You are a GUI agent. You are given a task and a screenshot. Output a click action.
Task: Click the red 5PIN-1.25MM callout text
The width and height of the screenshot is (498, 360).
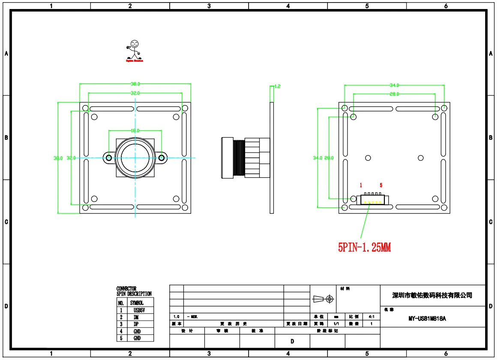tap(364, 248)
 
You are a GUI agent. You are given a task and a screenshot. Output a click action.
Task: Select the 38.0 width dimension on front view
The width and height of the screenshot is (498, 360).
tap(135, 84)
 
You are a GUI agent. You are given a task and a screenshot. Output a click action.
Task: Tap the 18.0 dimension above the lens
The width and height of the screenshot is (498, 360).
tap(135, 130)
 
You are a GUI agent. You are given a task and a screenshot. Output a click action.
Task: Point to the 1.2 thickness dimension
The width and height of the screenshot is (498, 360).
tap(277, 86)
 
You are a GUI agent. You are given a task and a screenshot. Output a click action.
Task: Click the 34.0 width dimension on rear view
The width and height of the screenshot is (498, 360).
tap(394, 85)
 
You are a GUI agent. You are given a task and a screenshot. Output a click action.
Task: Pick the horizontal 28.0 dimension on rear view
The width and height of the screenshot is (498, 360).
tap(394, 94)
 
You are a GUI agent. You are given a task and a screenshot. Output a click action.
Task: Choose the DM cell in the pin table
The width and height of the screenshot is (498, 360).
tap(136, 317)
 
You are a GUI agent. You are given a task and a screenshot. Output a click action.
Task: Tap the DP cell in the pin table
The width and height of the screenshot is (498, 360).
tap(136, 324)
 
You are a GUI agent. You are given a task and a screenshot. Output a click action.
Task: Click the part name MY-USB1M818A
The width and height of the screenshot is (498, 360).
tap(427, 318)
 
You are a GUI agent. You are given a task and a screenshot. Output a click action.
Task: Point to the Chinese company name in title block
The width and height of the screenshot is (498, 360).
tap(432, 295)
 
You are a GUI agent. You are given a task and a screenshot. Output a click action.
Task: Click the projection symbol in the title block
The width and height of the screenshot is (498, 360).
tap(323, 298)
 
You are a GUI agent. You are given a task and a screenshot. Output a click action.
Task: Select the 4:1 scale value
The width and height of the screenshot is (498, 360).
tap(371, 317)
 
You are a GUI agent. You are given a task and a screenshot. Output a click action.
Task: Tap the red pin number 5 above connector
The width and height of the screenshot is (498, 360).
tap(381, 185)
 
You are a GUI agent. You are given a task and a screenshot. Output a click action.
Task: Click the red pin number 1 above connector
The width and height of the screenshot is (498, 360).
tap(361, 185)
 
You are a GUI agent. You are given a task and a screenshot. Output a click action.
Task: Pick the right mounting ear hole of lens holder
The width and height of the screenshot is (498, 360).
tap(162, 158)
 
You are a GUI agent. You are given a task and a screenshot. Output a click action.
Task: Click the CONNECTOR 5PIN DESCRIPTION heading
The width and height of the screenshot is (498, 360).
tap(134, 291)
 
